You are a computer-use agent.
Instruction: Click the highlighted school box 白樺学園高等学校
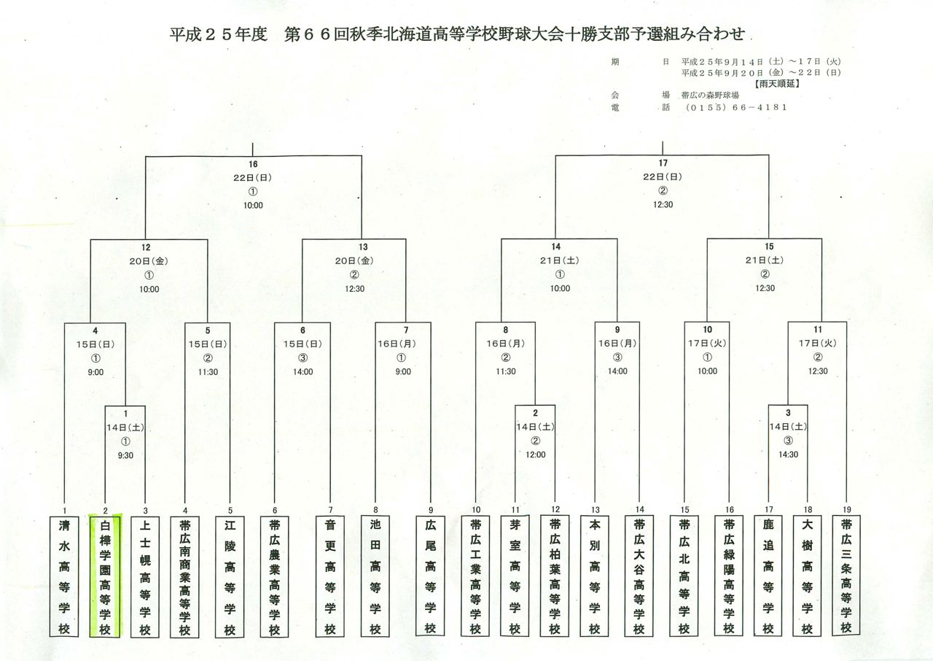(105, 577)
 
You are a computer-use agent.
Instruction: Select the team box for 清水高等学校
(64, 577)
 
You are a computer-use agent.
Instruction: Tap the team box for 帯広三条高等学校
(846, 576)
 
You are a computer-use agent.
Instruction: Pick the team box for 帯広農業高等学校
(275, 577)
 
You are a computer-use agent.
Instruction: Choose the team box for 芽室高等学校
(515, 576)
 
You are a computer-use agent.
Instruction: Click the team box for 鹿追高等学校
(768, 576)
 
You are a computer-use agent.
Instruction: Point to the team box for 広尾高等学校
(430, 576)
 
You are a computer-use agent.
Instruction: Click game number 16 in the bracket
(253, 164)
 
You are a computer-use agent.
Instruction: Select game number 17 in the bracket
(663, 163)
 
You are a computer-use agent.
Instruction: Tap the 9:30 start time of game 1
(125, 455)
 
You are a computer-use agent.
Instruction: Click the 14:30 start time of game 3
(788, 455)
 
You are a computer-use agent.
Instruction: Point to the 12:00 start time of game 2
(535, 455)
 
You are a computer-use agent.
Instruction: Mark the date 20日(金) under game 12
(149, 261)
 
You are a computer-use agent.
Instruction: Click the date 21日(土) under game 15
(765, 260)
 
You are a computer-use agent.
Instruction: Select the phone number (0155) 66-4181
(736, 107)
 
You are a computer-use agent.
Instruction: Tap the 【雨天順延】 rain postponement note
(777, 84)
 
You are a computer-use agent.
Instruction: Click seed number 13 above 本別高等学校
(596, 510)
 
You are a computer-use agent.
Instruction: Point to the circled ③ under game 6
(302, 358)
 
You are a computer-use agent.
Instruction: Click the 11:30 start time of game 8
(506, 371)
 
